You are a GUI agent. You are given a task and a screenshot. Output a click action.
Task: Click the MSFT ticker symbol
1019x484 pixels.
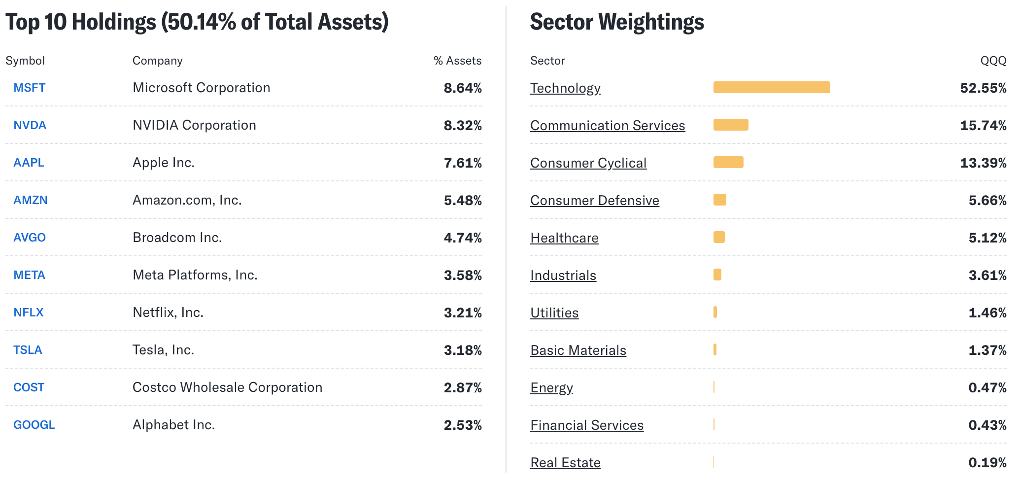pos(29,88)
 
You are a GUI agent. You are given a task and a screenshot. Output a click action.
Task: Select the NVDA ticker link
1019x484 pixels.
pos(30,125)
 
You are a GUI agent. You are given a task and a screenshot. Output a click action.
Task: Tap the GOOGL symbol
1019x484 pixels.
pos(34,425)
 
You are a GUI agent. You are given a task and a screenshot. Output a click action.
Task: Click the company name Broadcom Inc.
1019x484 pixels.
pos(177,238)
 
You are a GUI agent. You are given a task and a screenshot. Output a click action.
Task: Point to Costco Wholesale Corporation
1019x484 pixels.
pos(227,387)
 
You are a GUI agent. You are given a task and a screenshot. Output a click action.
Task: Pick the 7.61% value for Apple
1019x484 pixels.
pos(462,163)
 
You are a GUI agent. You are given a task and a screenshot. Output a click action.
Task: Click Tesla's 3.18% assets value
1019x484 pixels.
pos(462,350)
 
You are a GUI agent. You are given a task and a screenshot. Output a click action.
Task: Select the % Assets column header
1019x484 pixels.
pos(457,61)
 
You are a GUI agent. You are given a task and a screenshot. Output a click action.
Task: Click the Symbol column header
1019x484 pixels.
pos(25,61)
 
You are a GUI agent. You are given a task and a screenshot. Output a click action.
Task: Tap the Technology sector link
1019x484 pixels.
pos(565,88)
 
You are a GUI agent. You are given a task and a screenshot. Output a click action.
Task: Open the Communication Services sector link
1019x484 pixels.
pos(608,126)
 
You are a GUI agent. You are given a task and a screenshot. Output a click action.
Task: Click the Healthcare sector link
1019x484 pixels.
pos(564,238)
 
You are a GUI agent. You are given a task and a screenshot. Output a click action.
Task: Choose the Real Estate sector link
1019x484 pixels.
pos(565,463)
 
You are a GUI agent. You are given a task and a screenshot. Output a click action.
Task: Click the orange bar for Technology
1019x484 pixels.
pos(771,87)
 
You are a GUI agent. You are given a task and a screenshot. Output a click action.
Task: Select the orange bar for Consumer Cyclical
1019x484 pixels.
pos(728,162)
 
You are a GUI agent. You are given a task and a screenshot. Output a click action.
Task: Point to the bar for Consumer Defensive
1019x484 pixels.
pos(719,200)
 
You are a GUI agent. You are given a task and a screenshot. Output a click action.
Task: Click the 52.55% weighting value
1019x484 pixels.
pos(983,88)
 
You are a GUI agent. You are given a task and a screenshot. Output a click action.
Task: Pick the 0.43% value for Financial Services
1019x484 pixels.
pos(987,425)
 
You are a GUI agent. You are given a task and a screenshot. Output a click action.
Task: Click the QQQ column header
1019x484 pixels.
pos(993,61)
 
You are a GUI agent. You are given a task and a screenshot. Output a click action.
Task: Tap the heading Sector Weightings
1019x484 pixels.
pos(617,22)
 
